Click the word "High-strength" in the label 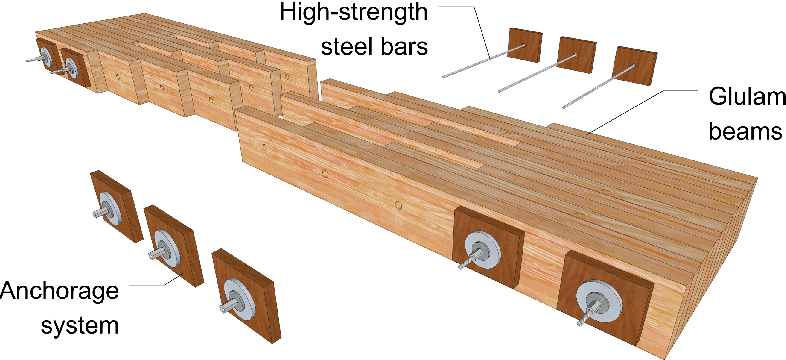[354, 12]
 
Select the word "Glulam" [746, 98]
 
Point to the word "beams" [745, 131]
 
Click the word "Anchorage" [60, 292]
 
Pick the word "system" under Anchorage [80, 325]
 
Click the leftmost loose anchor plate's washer [110, 209]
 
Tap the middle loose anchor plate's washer [166, 248]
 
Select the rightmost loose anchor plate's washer [239, 299]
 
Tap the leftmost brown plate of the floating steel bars [525, 45]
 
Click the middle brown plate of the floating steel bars [577, 55]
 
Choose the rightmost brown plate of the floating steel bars [635, 66]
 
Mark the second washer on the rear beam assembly [72, 68]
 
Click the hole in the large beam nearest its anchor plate [398, 205]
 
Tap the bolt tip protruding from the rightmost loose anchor [222, 309]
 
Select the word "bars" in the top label [405, 47]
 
